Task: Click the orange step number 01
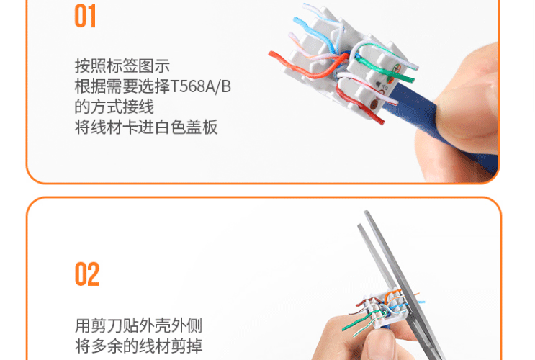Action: click(x=85, y=16)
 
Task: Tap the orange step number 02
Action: click(x=87, y=274)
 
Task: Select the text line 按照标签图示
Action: click(x=122, y=66)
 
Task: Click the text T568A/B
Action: click(x=201, y=86)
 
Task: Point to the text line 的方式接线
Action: click(x=114, y=107)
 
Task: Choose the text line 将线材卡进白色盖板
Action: click(x=146, y=127)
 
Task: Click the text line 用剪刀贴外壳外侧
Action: click(x=138, y=325)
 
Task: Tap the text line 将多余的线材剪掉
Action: click(x=138, y=346)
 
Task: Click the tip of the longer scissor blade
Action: click(x=366, y=212)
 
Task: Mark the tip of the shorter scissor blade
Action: click(x=359, y=225)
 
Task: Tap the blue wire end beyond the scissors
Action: click(x=421, y=302)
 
